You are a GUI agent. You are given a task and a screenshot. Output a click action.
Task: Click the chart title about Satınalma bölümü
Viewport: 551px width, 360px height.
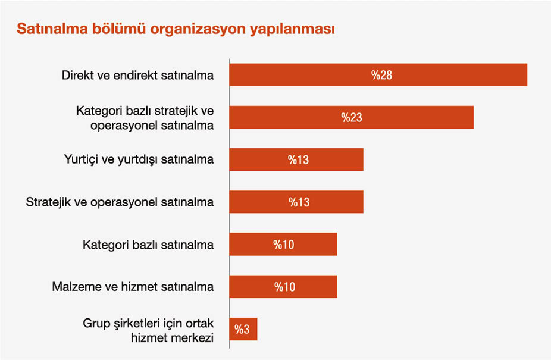[x=176, y=29]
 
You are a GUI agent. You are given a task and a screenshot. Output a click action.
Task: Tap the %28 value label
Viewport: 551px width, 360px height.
[x=382, y=75]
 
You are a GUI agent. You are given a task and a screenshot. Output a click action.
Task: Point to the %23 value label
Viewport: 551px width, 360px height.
[x=352, y=117]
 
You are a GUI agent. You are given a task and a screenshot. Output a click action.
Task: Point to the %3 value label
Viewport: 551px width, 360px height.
[x=242, y=329]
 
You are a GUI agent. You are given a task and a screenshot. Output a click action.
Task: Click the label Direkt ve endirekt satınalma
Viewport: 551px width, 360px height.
[x=137, y=76]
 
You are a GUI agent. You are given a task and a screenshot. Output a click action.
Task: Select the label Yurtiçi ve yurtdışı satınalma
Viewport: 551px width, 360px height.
[x=139, y=159]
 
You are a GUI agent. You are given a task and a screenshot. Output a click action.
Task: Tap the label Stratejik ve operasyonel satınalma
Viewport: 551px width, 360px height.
[x=120, y=202]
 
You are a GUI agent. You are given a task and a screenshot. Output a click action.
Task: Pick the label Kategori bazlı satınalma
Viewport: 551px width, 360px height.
[x=148, y=244]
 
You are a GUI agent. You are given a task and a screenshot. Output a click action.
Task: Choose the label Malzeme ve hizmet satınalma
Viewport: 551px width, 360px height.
[x=133, y=287]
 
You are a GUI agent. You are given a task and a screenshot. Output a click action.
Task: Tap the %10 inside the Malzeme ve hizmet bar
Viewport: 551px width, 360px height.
[x=284, y=287]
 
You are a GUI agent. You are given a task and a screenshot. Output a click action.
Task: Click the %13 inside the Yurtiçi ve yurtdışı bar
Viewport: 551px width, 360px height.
[x=299, y=159]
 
